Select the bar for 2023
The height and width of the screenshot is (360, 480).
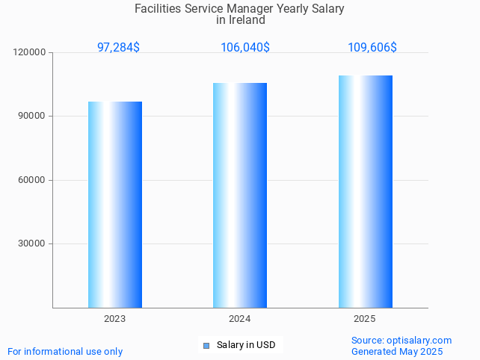tap(115, 205)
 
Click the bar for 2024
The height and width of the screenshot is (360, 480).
tap(240, 195)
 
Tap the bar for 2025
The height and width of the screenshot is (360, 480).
tap(365, 191)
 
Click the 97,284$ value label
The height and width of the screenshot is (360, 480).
tap(118, 48)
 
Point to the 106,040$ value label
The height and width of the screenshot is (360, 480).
tap(245, 48)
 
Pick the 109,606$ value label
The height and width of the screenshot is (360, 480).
tap(372, 48)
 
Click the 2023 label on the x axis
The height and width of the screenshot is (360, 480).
tap(115, 319)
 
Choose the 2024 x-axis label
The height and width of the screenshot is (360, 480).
tap(240, 319)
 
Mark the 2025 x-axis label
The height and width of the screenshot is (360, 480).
tap(365, 319)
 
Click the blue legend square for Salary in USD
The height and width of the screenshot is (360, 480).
tap(206, 345)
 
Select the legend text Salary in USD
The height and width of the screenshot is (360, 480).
tap(246, 345)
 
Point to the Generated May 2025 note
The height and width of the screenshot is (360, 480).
tap(397, 352)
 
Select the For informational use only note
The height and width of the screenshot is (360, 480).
tap(65, 352)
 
